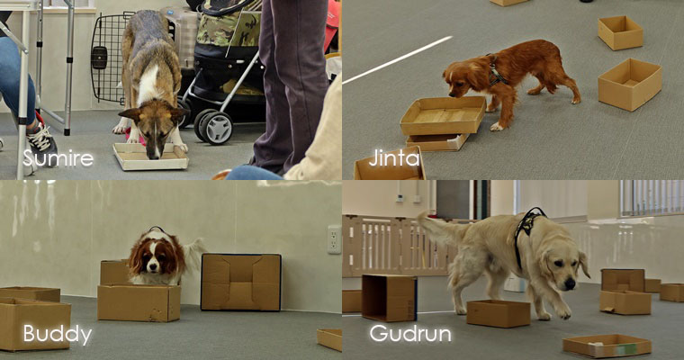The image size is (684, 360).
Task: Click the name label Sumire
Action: click(x=58, y=158)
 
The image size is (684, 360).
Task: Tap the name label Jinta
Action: click(x=394, y=158)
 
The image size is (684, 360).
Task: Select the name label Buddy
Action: click(x=58, y=335)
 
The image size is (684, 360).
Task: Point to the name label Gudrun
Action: click(x=410, y=334)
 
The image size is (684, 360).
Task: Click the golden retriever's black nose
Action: click(x=570, y=284)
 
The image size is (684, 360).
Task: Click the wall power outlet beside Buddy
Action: click(x=335, y=239)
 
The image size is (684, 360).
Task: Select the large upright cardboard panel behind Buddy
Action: click(x=241, y=282)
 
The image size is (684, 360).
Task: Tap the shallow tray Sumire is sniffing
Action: click(x=151, y=157)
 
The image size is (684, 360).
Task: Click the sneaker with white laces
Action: click(x=41, y=142)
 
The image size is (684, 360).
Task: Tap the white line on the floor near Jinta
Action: click(x=398, y=59)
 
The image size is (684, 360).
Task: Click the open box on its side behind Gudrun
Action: click(x=389, y=298)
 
